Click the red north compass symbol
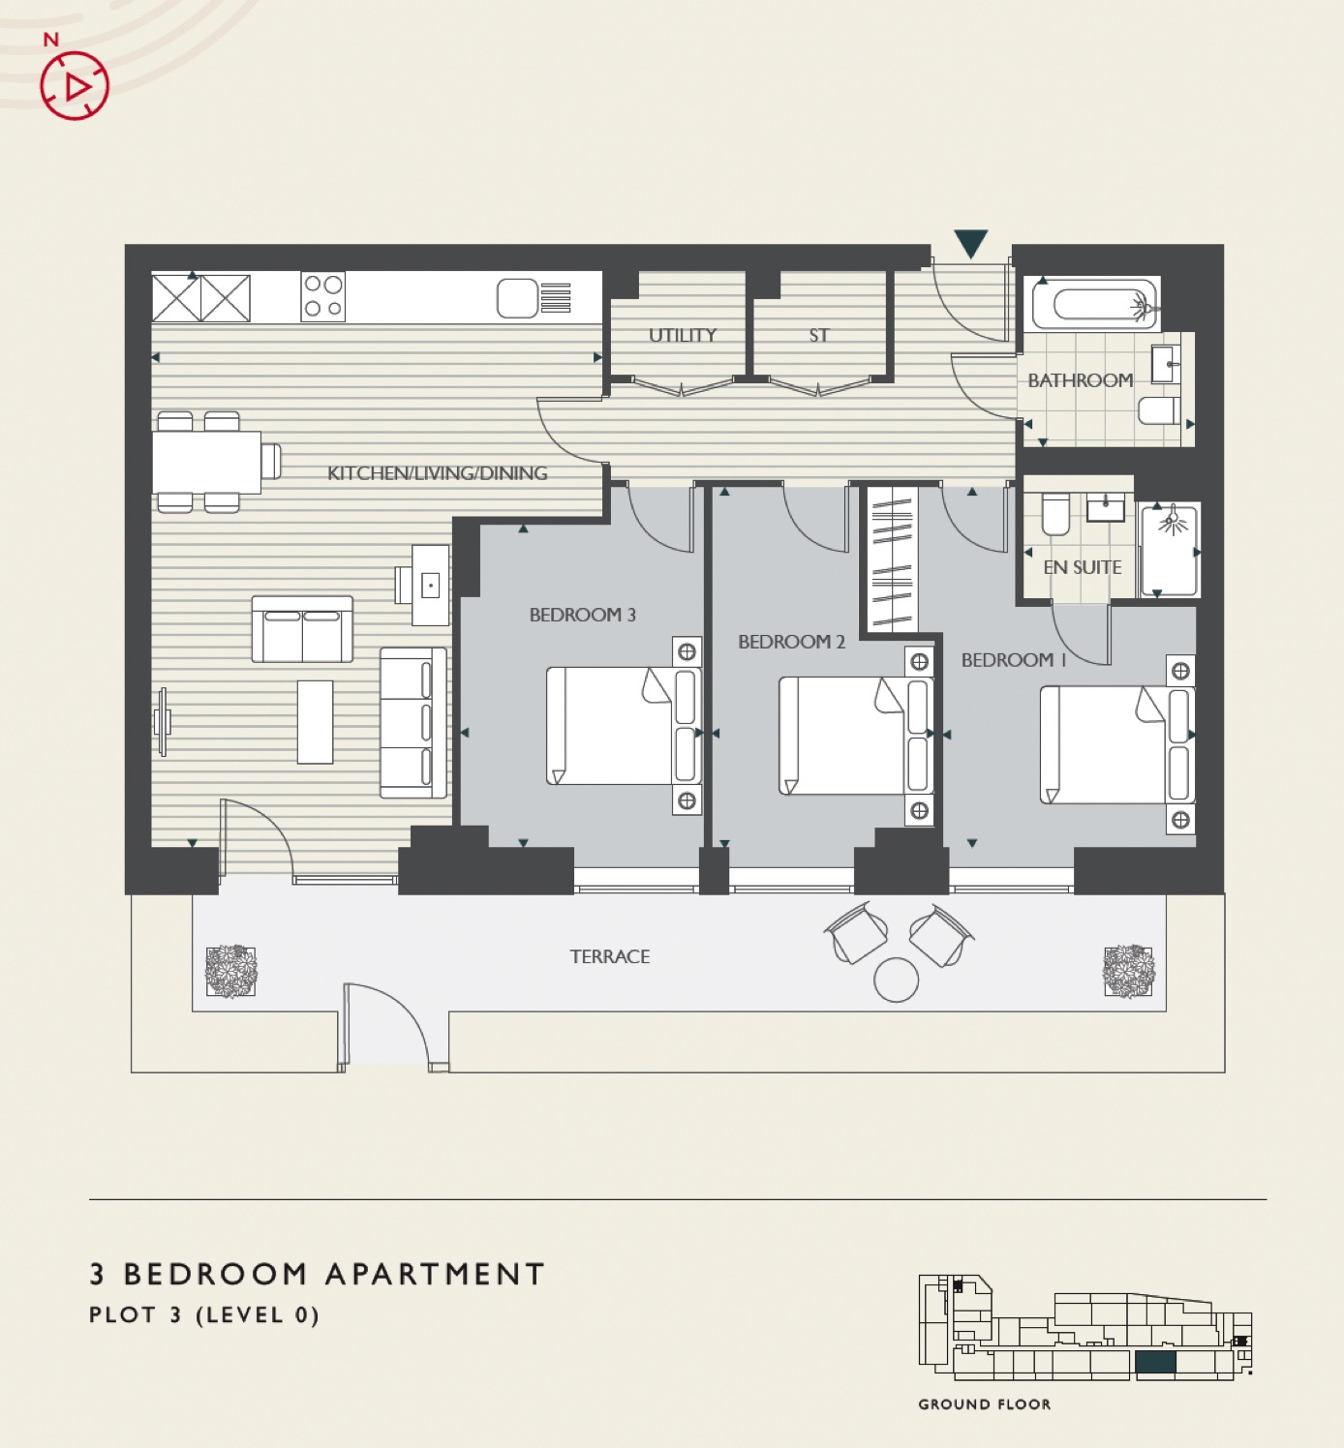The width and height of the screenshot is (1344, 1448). click(x=75, y=85)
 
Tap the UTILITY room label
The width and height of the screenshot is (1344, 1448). click(x=683, y=336)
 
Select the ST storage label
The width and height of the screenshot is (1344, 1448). click(x=818, y=336)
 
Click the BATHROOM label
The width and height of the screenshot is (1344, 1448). click(x=1080, y=379)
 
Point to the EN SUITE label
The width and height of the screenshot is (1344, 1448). click(x=1082, y=567)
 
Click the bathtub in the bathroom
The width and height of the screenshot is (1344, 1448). click(x=1096, y=304)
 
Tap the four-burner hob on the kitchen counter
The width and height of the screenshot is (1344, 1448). click(x=323, y=297)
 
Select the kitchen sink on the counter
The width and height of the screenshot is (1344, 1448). click(x=535, y=298)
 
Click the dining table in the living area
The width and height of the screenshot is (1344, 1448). click(x=206, y=463)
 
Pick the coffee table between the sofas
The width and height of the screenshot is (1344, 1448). click(x=316, y=722)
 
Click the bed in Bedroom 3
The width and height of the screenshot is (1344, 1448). click(x=624, y=726)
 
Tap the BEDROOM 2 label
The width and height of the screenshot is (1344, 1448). click(x=791, y=642)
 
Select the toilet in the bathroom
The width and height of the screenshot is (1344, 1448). click(x=1159, y=411)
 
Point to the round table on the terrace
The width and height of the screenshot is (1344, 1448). click(x=896, y=980)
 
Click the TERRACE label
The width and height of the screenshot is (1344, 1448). click(x=609, y=956)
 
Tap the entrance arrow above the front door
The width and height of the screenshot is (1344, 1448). click(x=970, y=244)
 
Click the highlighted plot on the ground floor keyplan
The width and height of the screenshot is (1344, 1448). click(x=1156, y=1363)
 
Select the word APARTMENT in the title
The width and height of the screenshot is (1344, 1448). click(x=435, y=1275)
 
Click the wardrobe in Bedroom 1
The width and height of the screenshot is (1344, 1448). click(x=892, y=558)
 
